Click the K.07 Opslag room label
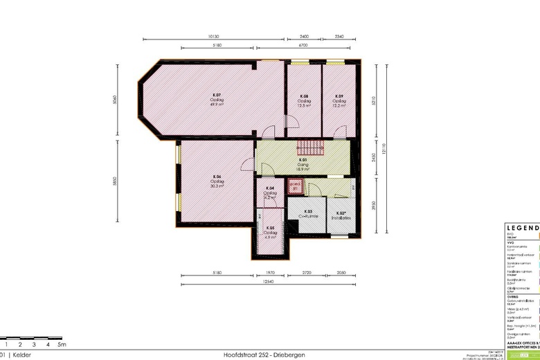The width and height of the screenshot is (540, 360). pyautogui.click(x=217, y=99)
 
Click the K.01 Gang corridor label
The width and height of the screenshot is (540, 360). pyautogui.click(x=303, y=164)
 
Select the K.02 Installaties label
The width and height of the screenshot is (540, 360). pyautogui.click(x=341, y=215)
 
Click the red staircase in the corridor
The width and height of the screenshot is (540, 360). pyautogui.click(x=310, y=147)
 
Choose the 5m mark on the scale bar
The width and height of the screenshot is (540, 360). pyautogui.click(x=62, y=344)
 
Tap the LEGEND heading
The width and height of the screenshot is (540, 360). pyautogui.click(x=523, y=228)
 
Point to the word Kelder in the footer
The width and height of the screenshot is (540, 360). pyautogui.click(x=22, y=354)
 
